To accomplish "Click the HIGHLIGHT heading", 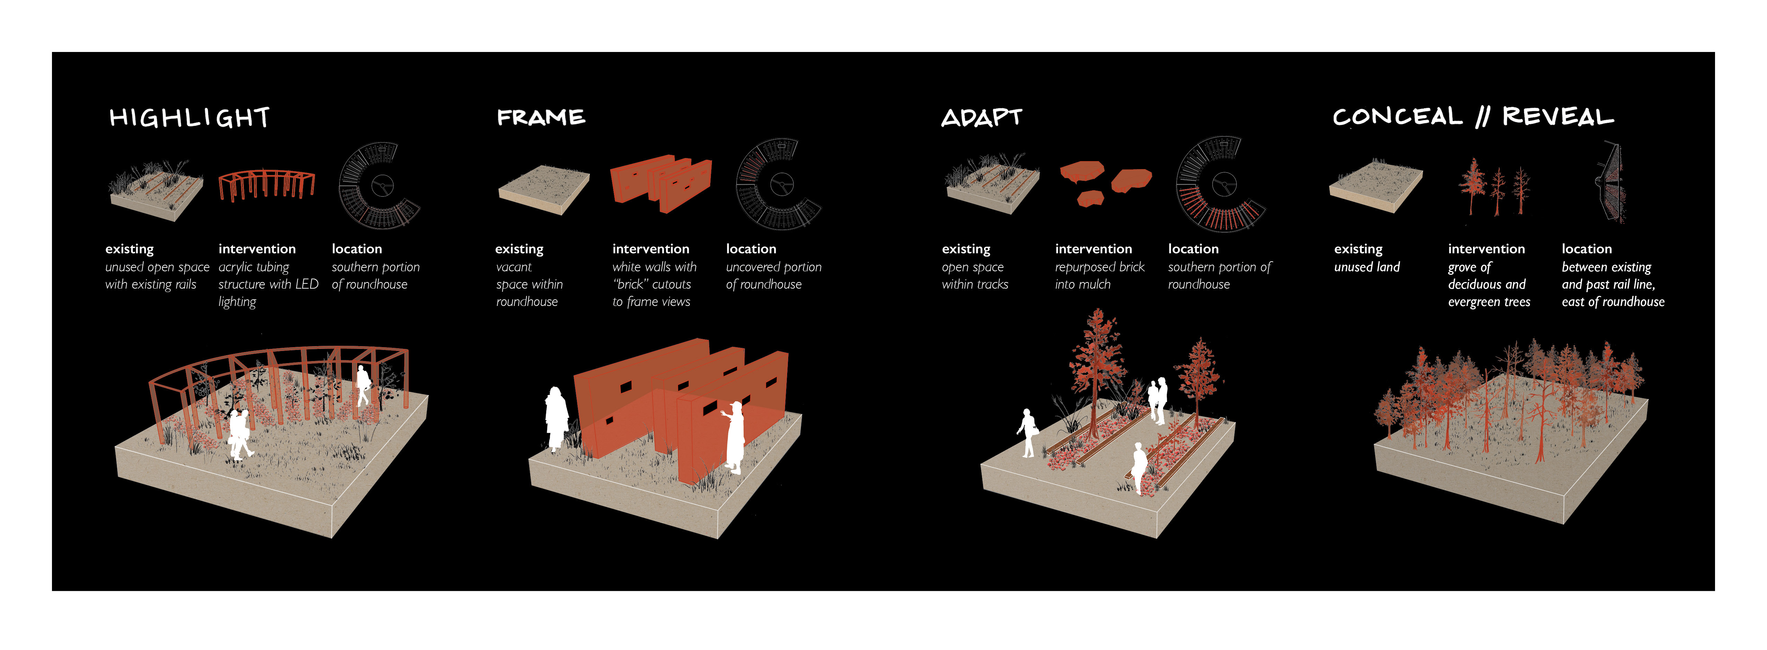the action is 189,118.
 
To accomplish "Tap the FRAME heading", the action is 540,118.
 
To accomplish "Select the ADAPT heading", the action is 982,118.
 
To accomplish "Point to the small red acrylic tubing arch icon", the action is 266,185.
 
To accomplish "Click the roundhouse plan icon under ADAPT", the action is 1220,184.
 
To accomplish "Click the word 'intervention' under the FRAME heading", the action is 650,249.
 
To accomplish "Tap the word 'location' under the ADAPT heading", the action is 1193,249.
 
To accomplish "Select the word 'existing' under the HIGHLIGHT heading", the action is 129,249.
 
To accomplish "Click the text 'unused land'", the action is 1366,267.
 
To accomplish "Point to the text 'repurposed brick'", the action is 1099,267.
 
